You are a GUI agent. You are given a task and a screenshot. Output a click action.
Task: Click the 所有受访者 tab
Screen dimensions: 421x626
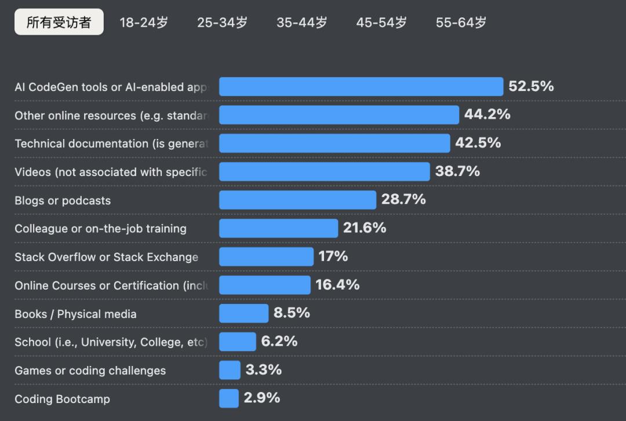coord(59,22)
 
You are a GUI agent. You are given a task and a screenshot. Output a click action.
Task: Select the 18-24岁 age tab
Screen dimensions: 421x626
coord(144,23)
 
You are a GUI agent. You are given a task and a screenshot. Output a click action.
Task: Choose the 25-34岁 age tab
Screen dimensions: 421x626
coord(222,23)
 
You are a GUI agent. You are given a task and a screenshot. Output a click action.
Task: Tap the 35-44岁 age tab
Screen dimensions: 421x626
coord(301,23)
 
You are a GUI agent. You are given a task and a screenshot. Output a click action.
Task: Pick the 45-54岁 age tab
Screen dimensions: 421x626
coord(381,23)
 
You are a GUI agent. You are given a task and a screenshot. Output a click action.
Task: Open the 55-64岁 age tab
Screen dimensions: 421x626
coord(461,23)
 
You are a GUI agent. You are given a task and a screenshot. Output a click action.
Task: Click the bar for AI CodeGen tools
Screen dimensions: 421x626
coord(361,86)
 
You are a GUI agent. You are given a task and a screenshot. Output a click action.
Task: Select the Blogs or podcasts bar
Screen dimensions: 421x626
coord(297,200)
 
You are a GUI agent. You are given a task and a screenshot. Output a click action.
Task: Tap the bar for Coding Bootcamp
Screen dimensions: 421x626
coord(229,398)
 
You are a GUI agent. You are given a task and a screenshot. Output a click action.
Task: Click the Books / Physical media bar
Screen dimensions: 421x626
coord(243,313)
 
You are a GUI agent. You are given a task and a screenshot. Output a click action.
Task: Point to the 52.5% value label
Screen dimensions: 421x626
coord(531,86)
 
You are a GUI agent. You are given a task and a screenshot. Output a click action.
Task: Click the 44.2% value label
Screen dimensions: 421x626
coord(487,115)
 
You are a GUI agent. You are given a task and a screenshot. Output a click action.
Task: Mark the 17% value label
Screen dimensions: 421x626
coord(333,257)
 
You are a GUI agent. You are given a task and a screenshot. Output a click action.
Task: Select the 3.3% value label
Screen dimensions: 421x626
coord(263,369)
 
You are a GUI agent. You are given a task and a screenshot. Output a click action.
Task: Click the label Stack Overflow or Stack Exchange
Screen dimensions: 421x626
coord(106,257)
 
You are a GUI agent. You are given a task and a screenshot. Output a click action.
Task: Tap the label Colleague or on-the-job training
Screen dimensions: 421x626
coord(100,229)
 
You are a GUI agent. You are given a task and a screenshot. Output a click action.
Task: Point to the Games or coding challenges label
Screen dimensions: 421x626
coord(90,371)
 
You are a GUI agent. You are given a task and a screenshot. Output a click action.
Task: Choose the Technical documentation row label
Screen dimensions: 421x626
coord(111,144)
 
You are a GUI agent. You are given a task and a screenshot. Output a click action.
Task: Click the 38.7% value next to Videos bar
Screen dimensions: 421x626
coord(457,171)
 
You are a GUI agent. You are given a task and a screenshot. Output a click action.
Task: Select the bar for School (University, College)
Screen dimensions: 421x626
coord(237,342)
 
